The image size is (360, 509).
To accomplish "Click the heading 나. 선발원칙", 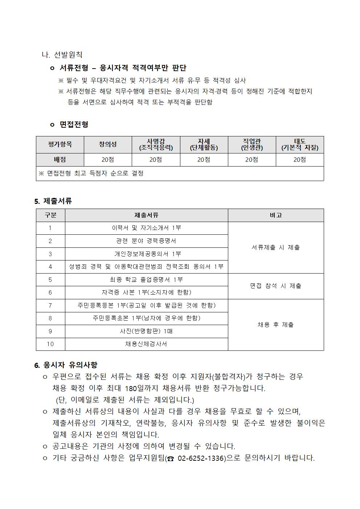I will (x=62, y=55).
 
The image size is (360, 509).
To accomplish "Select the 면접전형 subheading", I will (x=74, y=124).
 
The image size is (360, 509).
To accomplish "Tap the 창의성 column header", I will (x=108, y=144).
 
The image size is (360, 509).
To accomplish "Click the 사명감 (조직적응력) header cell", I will (x=156, y=144).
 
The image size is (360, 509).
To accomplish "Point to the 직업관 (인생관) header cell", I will (x=252, y=144).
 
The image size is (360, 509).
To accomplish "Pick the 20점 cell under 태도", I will (x=299, y=160).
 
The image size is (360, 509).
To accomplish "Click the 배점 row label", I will (x=60, y=160).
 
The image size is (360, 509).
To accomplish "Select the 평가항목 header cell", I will (x=60, y=144).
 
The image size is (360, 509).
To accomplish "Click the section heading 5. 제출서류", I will (x=53, y=201).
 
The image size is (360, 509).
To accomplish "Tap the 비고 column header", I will (x=276, y=215).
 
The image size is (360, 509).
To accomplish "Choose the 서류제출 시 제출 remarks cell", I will (x=276, y=247).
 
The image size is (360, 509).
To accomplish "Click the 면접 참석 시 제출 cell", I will (x=276, y=286).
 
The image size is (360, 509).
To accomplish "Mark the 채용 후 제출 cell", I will (x=276, y=325).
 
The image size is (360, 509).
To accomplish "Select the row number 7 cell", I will (x=50, y=305).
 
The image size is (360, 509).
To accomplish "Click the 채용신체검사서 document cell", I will (x=146, y=344).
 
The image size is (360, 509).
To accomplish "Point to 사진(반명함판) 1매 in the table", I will (x=146, y=331).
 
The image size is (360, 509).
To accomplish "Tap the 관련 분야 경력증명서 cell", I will (x=146, y=241).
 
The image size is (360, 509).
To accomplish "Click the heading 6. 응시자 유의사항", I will (x=66, y=365).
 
